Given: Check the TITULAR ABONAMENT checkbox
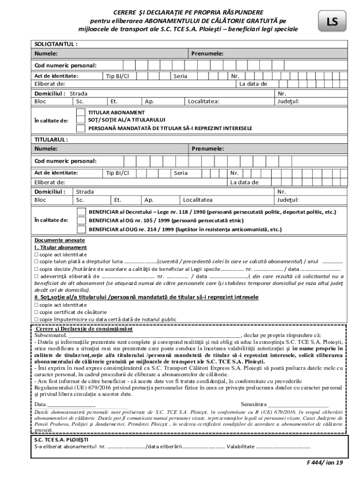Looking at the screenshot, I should coord(81,113).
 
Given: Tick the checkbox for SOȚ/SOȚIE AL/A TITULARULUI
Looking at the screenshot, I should coord(81,120).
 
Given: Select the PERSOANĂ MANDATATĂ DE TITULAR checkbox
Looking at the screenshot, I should coord(81,128).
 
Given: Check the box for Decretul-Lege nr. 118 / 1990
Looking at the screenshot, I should coord(81,212).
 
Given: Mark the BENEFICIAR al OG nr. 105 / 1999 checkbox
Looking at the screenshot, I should coord(81,220).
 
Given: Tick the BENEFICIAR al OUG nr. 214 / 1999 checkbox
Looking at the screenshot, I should coord(81,229).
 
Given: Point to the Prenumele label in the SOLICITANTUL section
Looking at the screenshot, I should coord(207,54).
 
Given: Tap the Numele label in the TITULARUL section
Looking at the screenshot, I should coord(46,149).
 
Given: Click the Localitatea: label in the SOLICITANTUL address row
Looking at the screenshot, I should coord(204,101).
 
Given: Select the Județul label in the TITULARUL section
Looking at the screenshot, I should coord(288,200).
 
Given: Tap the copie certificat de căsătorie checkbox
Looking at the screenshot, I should coord(36,312).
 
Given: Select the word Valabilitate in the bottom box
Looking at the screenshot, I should coord(241,446).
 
